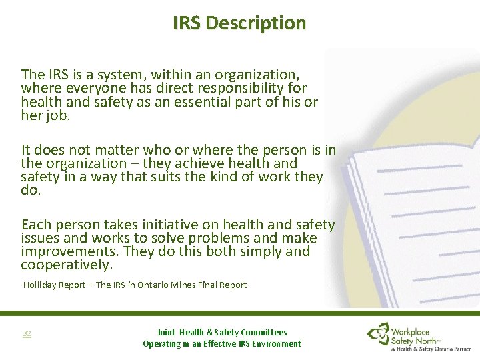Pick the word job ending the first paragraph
(x=57, y=116)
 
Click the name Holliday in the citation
(x=41, y=285)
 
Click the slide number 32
(x=27, y=333)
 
